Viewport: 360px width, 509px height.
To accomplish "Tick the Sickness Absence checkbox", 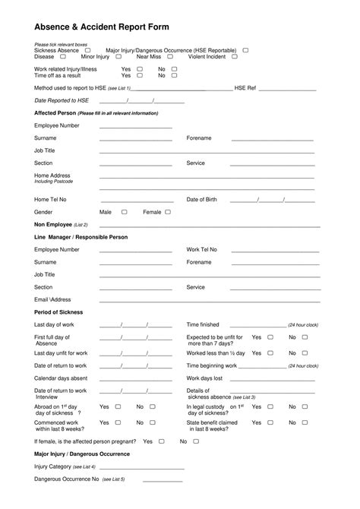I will point(87,49).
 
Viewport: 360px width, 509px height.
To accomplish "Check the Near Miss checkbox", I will point(170,56).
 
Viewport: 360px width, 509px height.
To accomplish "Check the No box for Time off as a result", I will point(175,76).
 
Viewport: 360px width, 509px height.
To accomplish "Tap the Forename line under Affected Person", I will point(272,140).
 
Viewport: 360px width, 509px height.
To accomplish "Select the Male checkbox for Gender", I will point(125,212).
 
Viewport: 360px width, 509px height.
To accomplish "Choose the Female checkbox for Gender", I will point(168,212).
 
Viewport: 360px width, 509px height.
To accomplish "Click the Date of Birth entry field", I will point(271,201).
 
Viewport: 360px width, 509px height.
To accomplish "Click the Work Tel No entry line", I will point(272,251).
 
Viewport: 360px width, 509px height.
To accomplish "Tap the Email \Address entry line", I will point(207,301).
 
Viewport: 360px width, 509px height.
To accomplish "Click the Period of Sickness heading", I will point(58,312).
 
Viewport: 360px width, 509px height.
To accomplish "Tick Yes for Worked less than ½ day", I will point(270,353).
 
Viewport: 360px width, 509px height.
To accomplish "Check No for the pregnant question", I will point(197,441).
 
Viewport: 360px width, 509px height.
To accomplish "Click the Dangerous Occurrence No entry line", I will point(163,480).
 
